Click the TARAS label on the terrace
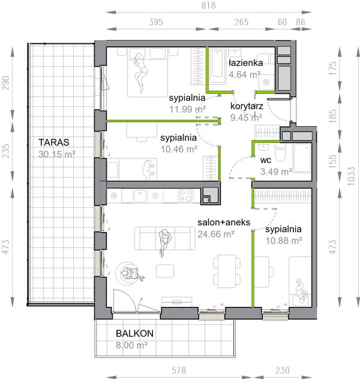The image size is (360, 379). [54, 142]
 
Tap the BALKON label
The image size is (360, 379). [135, 333]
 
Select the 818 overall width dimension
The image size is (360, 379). [209, 5]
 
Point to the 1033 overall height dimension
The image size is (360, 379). [351, 176]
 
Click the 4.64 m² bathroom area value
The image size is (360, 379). [244, 74]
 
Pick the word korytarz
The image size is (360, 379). [247, 106]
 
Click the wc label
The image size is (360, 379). [266, 160]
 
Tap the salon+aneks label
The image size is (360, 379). [224, 222]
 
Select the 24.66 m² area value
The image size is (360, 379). [216, 234]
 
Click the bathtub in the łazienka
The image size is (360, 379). [218, 66]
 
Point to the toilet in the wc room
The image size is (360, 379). [280, 153]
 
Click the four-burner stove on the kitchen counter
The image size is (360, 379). [185, 196]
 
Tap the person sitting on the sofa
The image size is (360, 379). [165, 241]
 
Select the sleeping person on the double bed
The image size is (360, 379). [140, 73]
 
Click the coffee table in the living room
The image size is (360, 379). [165, 271]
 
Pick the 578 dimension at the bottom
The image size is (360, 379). [179, 370]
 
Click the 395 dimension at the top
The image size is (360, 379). [156, 22]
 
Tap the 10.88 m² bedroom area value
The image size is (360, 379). [284, 240]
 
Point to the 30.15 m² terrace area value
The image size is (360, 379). [57, 154]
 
